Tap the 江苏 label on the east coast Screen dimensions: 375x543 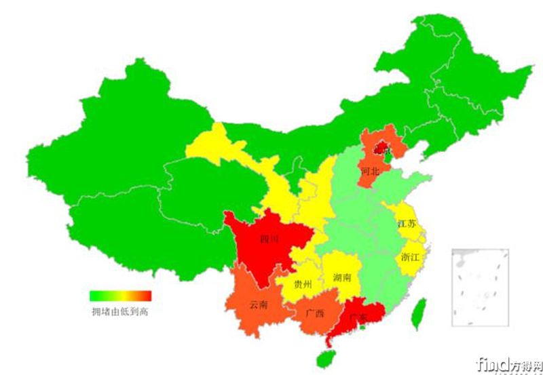[407, 224]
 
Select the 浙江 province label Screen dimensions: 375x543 [411, 258]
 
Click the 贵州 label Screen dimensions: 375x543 [303, 285]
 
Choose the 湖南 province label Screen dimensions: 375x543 [342, 278]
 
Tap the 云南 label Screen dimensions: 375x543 [259, 304]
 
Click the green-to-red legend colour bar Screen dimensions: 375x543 [121, 296]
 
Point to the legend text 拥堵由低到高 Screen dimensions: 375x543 [119, 312]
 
